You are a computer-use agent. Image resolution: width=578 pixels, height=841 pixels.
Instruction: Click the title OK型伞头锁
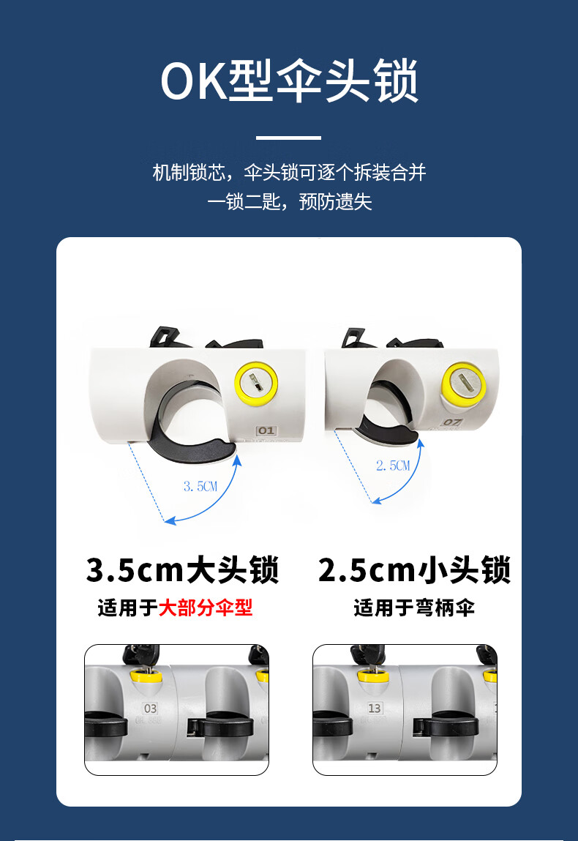click(x=289, y=81)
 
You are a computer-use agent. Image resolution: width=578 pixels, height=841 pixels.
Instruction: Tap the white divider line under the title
click(x=288, y=138)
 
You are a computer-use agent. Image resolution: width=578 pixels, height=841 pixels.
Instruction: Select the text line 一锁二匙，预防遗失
click(x=289, y=202)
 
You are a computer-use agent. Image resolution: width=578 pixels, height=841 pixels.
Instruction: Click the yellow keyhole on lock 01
click(x=256, y=384)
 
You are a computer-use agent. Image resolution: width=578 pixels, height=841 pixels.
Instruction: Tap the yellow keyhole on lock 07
click(x=462, y=384)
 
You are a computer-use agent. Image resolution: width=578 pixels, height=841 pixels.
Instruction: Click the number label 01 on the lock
click(x=266, y=430)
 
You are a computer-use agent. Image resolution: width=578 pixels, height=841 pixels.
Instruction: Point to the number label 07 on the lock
click(x=451, y=422)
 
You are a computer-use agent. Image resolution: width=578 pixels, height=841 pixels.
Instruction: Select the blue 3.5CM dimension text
click(x=200, y=487)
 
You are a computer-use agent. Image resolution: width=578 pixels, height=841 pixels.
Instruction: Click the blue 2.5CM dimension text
click(x=392, y=466)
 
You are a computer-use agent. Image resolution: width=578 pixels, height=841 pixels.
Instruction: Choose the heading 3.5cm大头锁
click(x=182, y=569)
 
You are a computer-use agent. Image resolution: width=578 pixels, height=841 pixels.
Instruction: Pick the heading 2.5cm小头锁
click(x=414, y=569)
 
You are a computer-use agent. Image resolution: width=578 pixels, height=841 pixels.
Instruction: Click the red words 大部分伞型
click(x=206, y=608)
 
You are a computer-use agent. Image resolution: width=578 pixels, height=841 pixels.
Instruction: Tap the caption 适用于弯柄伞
click(x=414, y=608)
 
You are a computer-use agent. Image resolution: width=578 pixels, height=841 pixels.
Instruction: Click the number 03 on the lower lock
click(x=150, y=709)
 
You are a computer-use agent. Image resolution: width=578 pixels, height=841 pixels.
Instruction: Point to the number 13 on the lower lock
click(x=375, y=709)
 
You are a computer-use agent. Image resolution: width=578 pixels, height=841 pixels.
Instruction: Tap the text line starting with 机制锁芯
click(x=289, y=172)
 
